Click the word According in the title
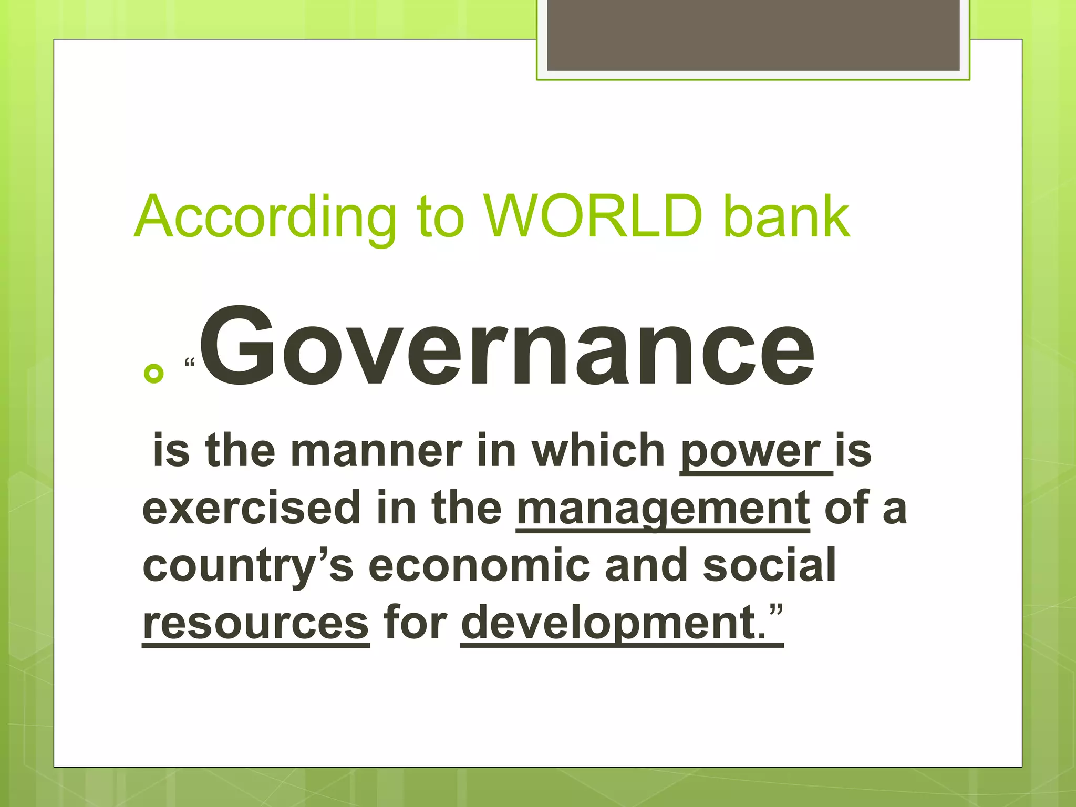pos(265,216)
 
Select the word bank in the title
pos(786,216)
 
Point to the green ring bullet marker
pos(153,373)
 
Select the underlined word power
pos(750,451)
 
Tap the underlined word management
pos(663,509)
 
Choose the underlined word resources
pos(256,623)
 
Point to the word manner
pos(376,451)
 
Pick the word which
pos(599,451)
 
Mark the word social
pos(769,566)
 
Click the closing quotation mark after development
pos(776,612)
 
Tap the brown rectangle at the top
pos(753,35)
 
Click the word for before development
pos(415,623)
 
